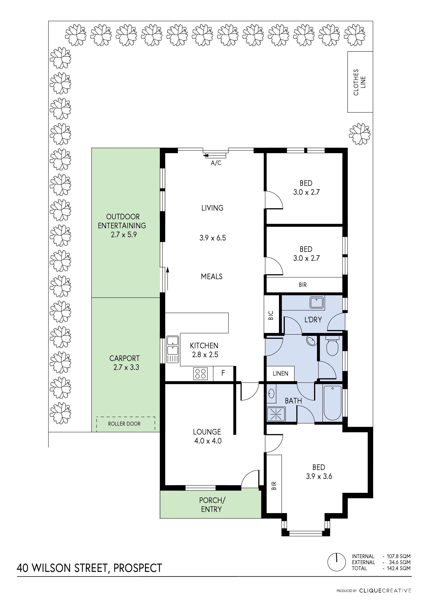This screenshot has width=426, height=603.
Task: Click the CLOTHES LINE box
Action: (x=360, y=82)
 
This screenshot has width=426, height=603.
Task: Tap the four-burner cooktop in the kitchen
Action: (x=200, y=374)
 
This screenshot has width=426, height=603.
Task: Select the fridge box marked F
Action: (x=223, y=373)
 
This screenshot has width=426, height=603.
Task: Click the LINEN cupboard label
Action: (x=280, y=374)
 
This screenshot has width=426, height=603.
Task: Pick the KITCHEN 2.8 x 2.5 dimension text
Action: (x=205, y=355)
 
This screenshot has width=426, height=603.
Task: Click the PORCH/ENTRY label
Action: (x=212, y=505)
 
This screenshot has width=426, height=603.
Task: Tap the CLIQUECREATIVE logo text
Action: (x=385, y=591)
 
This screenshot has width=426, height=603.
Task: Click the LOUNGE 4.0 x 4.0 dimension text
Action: (x=208, y=441)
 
